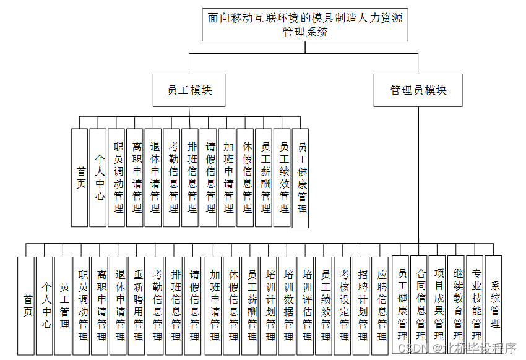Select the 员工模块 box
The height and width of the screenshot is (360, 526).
tap(189, 90)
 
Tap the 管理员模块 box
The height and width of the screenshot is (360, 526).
tap(418, 90)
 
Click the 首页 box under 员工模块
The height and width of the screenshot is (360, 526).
tap(79, 177)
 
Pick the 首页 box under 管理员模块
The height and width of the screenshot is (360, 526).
tap(25, 306)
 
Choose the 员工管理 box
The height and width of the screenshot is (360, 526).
tap(63, 306)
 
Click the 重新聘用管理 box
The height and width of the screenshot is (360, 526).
tap(138, 306)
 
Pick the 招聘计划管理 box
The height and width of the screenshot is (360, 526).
tap(362, 306)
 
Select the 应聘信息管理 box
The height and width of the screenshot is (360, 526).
tap(381, 306)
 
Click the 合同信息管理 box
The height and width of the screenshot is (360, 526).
tap(420, 306)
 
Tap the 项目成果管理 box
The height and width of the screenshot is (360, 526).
tap(438, 306)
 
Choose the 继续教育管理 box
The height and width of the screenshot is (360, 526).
tap(457, 306)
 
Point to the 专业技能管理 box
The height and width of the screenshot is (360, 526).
tap(475, 306)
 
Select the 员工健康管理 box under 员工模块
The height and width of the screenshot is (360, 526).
tap(301, 178)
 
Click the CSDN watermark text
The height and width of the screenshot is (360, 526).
tap(453, 348)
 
